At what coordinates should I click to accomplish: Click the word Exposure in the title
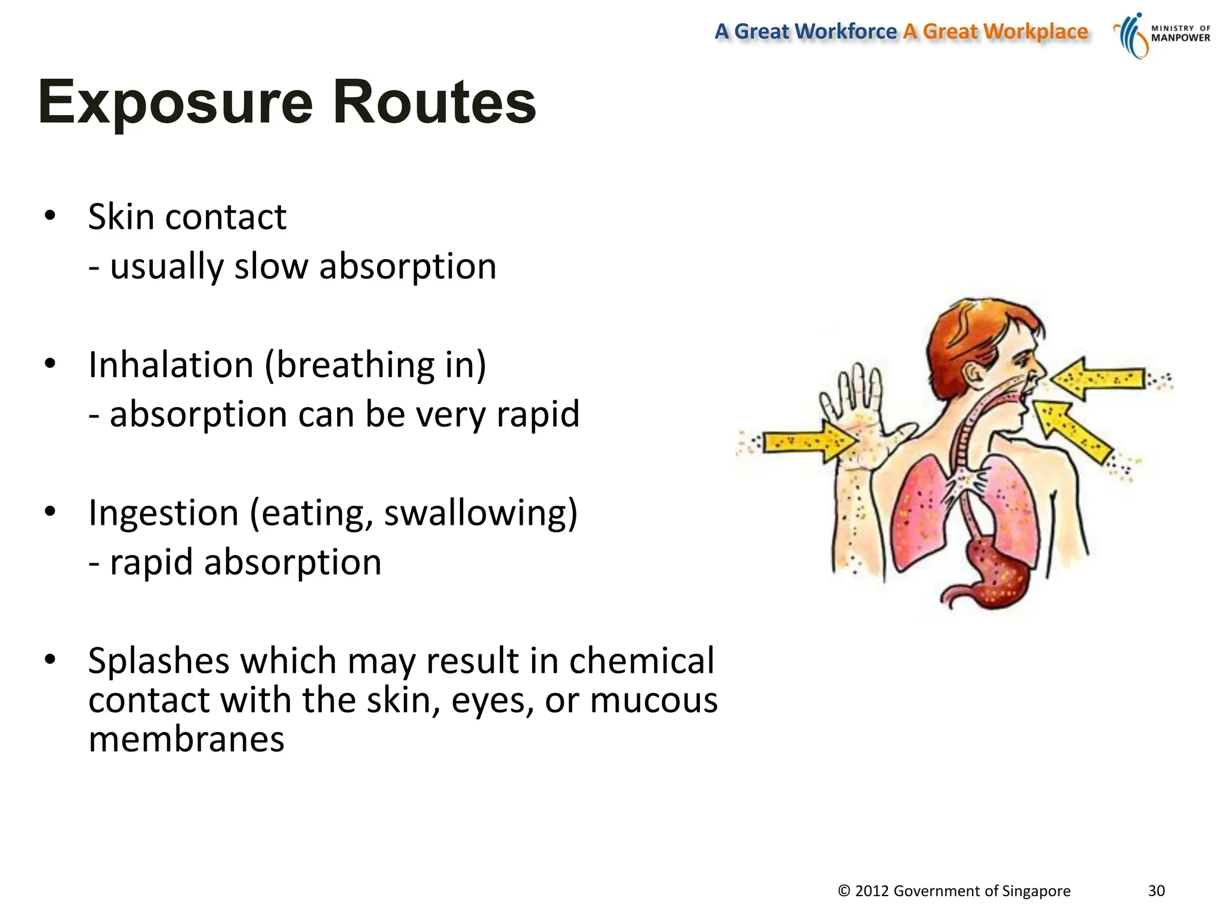pos(175,103)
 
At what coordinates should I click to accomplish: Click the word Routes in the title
pos(434,103)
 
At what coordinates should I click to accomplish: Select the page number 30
pos(1156,891)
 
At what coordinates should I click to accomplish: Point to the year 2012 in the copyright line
pos(872,891)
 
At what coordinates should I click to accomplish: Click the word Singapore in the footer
pos(1036,891)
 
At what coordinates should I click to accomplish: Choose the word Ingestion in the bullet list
pos(163,513)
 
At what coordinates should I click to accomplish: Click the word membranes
pos(186,740)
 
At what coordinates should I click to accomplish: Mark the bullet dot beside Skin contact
pos(50,216)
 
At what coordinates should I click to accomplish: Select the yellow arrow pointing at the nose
pos(1098,379)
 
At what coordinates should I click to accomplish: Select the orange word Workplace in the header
pos(1035,31)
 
